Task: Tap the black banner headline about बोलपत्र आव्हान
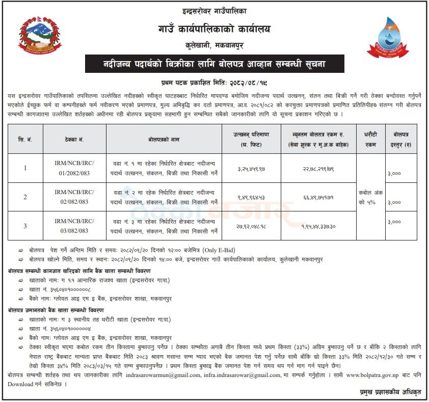tap(214, 65)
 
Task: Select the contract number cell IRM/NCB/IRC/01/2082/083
tap(74, 168)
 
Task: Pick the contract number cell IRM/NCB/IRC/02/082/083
tap(74, 197)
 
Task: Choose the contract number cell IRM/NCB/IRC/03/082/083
tap(74, 226)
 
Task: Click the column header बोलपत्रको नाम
tap(165, 139)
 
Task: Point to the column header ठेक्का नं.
tap(74, 139)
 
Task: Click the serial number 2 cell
tap(25, 197)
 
